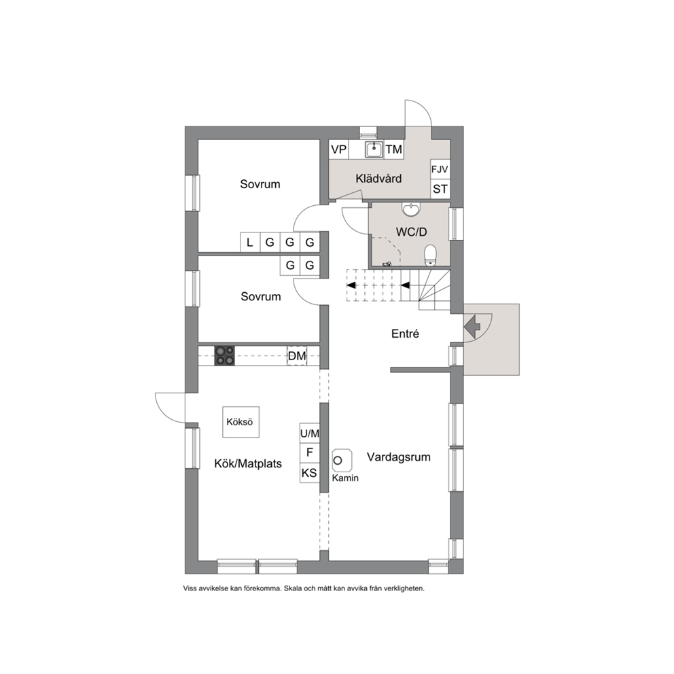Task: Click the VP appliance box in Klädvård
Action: [339, 149]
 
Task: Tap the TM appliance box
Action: [394, 149]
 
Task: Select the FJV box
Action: [440, 170]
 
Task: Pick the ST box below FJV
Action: [440, 189]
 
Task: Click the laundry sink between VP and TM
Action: [374, 149]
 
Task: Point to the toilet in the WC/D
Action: [430, 255]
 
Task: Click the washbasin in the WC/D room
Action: [411, 209]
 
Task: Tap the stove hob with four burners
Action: [224, 356]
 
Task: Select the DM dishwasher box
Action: [297, 356]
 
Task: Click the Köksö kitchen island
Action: [241, 422]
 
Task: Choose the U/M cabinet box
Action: [310, 433]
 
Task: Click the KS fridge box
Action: [310, 474]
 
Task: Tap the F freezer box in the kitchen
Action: [310, 453]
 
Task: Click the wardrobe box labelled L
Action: [250, 243]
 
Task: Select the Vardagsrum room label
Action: [398, 457]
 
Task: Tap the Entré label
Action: [406, 334]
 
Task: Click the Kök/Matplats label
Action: [248, 464]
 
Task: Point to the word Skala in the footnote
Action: [293, 588]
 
